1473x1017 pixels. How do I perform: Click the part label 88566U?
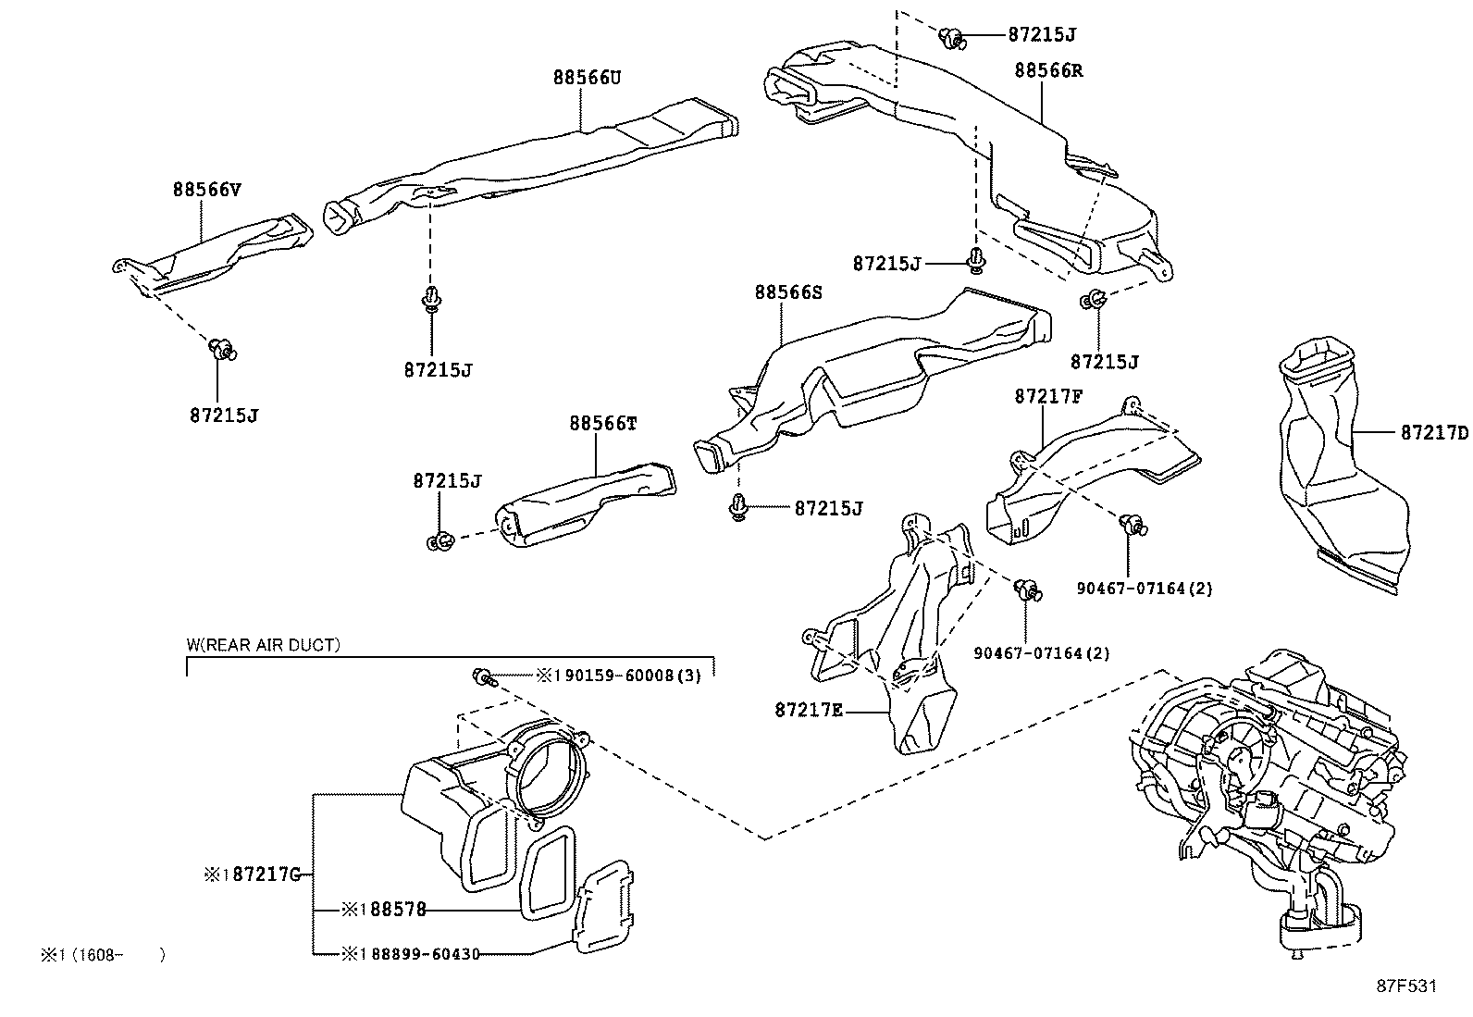(587, 78)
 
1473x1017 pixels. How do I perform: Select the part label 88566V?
(206, 190)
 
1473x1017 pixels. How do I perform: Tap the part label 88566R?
(1048, 70)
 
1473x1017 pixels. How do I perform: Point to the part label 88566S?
(787, 292)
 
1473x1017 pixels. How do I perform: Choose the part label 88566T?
(603, 424)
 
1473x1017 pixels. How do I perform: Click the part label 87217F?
(1048, 397)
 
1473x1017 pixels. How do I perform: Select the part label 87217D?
(1434, 432)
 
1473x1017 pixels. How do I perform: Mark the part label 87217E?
(808, 711)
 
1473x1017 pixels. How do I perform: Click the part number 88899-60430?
(426, 954)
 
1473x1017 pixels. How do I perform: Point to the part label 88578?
(398, 910)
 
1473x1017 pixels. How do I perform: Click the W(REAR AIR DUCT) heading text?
(263, 645)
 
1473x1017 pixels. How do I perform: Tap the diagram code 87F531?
(1406, 986)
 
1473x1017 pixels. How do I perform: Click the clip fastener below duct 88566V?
(223, 349)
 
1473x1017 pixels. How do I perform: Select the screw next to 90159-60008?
(483, 677)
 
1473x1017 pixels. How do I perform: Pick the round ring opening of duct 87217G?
(551, 771)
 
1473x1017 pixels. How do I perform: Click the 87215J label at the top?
(1042, 34)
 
